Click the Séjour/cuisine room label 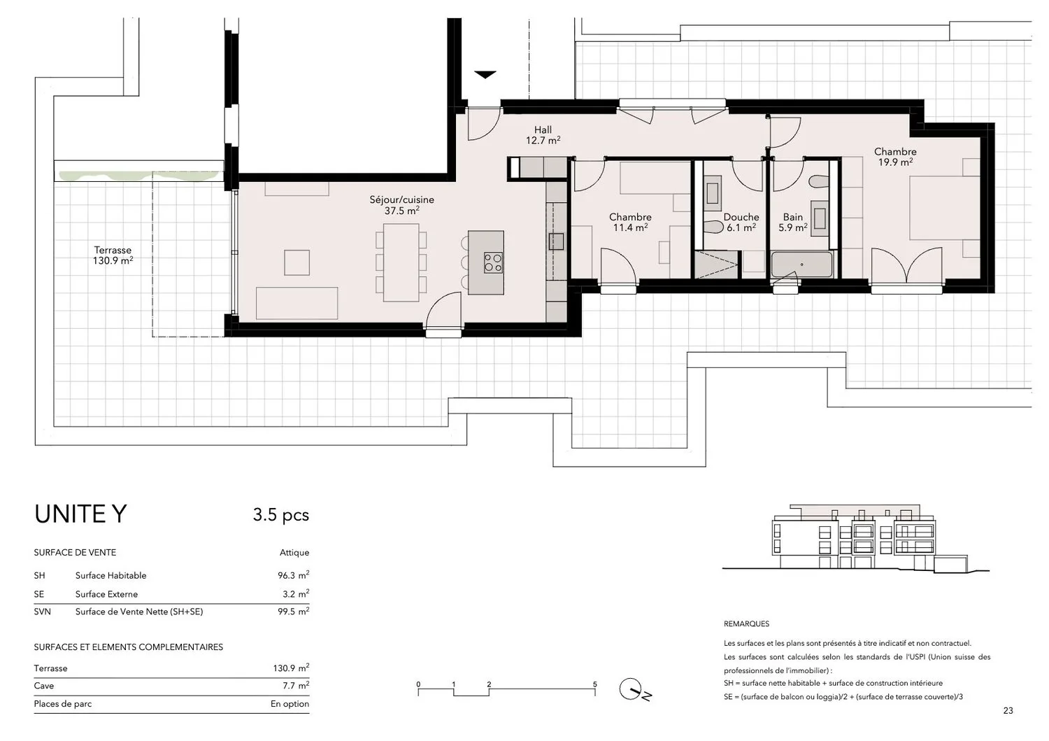click(x=401, y=205)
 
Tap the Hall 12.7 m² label click(x=543, y=135)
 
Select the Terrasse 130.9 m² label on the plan click(x=113, y=255)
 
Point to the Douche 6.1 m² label click(x=741, y=222)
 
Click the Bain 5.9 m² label click(x=793, y=222)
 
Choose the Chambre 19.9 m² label click(x=895, y=157)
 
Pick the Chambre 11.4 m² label click(x=630, y=222)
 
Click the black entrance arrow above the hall click(x=485, y=75)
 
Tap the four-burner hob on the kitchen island click(x=492, y=262)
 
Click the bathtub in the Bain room click(x=801, y=264)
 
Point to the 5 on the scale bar click(x=594, y=684)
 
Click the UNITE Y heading click(x=80, y=514)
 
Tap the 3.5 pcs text click(x=281, y=514)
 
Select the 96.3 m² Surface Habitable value click(x=293, y=574)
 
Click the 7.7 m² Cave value click(x=296, y=685)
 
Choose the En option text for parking click(x=290, y=703)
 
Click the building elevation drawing click(x=855, y=539)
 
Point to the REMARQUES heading click(x=746, y=624)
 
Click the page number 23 click(x=1008, y=710)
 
